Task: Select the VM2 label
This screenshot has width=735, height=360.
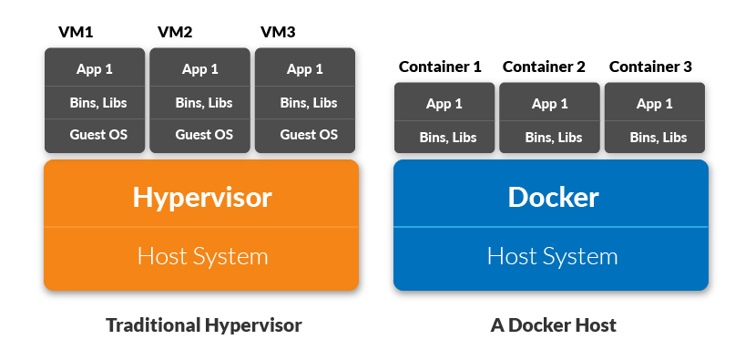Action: tap(175, 33)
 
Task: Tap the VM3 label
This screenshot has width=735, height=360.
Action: tap(279, 33)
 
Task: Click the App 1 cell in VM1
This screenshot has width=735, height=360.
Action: tap(95, 69)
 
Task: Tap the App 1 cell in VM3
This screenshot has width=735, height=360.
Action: tap(305, 69)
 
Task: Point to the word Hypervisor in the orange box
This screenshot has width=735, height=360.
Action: tap(201, 196)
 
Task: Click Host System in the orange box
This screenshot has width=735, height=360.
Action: tap(202, 256)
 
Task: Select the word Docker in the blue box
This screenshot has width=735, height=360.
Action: tap(552, 197)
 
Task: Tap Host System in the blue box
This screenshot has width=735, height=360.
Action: tap(552, 256)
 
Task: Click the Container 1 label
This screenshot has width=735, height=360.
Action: tap(439, 67)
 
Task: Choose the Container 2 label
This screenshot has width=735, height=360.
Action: tap(545, 67)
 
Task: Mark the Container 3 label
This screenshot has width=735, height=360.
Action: tap(650, 67)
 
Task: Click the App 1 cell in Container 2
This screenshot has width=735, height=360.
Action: tap(549, 104)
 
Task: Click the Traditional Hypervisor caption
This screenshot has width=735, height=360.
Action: tap(203, 325)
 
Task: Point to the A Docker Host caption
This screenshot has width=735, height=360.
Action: tap(552, 325)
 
